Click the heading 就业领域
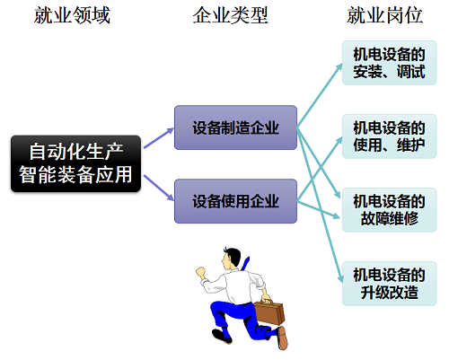tap(72, 15)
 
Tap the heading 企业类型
tap(230, 15)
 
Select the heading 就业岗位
tap(384, 15)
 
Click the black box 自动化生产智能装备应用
tap(75, 163)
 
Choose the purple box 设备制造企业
tap(235, 127)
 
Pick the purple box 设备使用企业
tap(235, 201)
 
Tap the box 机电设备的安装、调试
tap(390, 63)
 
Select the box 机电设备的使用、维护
tap(390, 136)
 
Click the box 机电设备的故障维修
tap(390, 210)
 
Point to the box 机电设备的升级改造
tap(390, 284)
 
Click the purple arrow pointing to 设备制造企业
tap(159, 138)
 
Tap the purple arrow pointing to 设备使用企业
tap(159, 189)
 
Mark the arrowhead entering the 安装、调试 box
tap(339, 66)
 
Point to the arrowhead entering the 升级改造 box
tap(340, 279)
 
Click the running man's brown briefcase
tap(269, 312)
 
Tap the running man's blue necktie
tap(245, 263)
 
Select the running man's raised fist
tap(201, 272)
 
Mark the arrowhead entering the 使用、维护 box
tap(339, 140)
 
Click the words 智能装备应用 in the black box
tap(75, 174)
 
